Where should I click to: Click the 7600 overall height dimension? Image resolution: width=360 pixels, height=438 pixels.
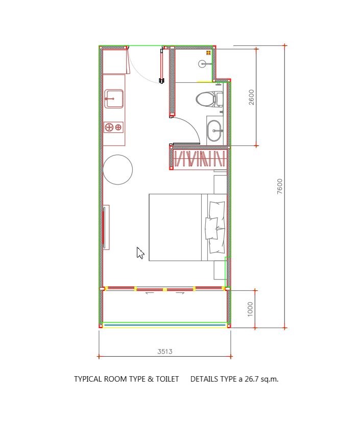(x=280, y=187)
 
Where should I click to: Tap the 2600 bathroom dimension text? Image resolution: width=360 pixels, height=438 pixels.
(x=251, y=97)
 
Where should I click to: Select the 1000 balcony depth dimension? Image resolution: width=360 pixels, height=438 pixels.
(x=250, y=309)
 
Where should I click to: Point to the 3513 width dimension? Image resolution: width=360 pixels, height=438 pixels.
(x=164, y=351)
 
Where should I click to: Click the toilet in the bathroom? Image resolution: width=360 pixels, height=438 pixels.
(x=209, y=99)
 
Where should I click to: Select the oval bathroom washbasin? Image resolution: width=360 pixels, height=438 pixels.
(x=214, y=130)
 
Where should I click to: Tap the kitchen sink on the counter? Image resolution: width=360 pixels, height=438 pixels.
(x=114, y=99)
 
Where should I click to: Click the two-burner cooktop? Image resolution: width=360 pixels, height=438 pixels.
(x=114, y=127)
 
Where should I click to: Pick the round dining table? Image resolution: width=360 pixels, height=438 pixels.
(x=117, y=170)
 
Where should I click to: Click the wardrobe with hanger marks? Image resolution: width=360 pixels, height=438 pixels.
(x=199, y=158)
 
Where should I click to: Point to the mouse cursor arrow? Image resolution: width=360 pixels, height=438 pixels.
(x=140, y=253)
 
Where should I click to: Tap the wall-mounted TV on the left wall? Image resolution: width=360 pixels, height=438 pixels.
(x=104, y=227)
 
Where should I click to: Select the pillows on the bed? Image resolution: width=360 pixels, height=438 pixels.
(x=215, y=227)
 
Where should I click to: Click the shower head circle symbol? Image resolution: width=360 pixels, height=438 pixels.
(x=203, y=64)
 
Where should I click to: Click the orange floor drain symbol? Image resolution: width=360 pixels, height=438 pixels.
(x=208, y=53)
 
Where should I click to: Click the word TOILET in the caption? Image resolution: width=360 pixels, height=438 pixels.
(x=167, y=379)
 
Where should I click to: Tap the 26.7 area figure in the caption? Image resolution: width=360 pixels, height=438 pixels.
(x=252, y=379)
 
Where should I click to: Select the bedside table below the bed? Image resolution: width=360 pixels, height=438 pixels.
(x=220, y=270)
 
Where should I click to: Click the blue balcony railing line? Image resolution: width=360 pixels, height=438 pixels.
(x=164, y=325)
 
